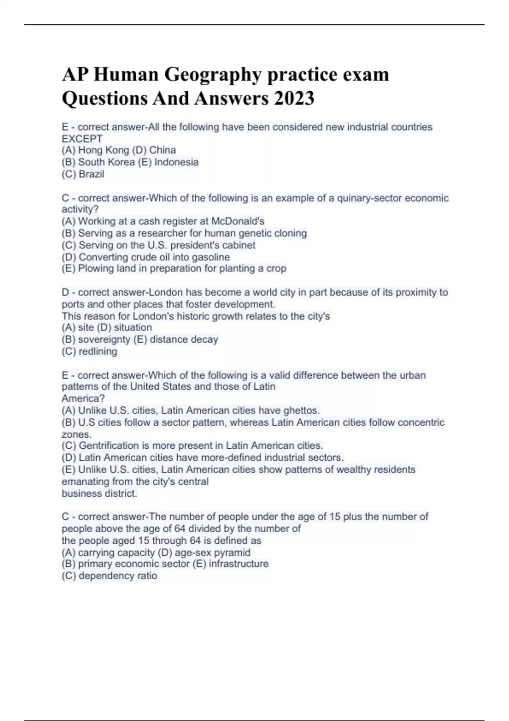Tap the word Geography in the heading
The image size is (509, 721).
pos(212,75)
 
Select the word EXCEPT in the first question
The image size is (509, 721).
pos(82,139)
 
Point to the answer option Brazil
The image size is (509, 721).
pos(91,174)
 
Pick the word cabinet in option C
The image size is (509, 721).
pos(239,245)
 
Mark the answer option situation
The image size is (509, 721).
pos(132,327)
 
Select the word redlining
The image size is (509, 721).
pos(98,351)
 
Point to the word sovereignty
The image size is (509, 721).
pos(104,339)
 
